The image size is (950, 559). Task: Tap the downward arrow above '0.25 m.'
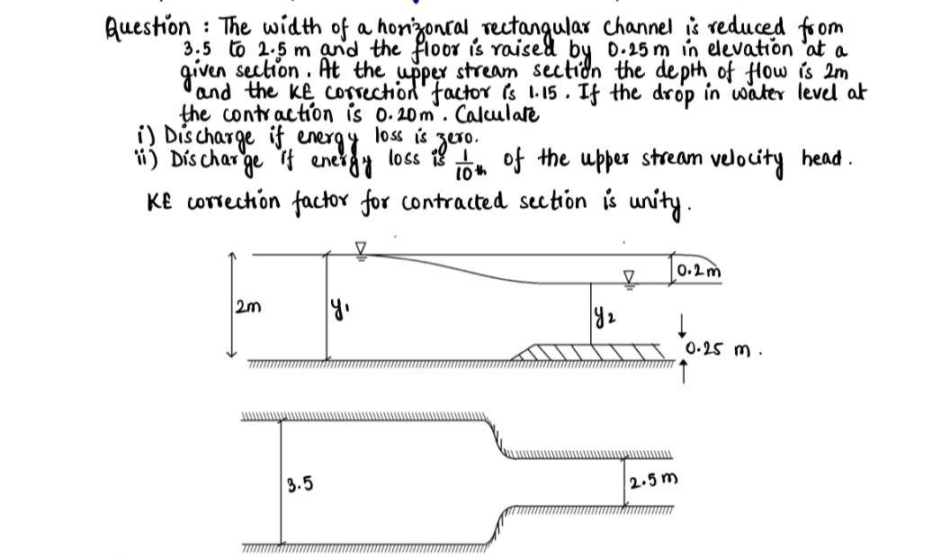681,321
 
